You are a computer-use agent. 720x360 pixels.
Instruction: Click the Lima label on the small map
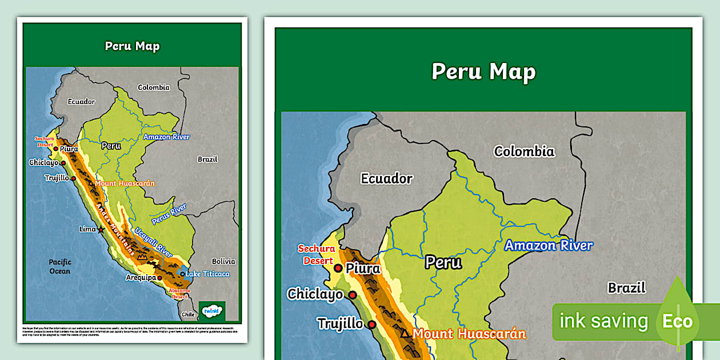point(87,229)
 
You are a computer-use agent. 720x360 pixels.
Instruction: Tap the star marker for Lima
point(101,230)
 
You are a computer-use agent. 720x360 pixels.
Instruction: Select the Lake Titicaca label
point(207,274)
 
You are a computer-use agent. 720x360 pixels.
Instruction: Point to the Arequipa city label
point(141,278)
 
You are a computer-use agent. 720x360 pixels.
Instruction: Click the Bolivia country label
point(223,261)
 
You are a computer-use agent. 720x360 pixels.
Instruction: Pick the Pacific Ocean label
point(59,266)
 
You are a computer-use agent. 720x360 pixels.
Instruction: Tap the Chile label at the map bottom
point(188,314)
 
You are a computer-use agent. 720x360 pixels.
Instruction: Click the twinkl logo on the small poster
point(211,311)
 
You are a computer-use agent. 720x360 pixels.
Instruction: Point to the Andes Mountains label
point(116,229)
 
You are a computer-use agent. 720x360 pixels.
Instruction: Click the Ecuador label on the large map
point(386,178)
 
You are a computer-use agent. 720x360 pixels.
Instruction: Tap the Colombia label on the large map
point(524,151)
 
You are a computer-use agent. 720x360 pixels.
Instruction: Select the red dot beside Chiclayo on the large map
point(353,295)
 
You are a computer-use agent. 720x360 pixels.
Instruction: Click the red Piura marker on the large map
point(338,268)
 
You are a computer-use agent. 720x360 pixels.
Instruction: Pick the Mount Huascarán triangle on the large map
point(405,333)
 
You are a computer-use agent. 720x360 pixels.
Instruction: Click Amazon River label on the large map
point(548,246)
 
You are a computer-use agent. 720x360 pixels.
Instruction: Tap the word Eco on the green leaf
point(677,321)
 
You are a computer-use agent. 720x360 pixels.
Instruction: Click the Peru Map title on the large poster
point(483,71)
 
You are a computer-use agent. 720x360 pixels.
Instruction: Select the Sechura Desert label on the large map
point(316,255)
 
